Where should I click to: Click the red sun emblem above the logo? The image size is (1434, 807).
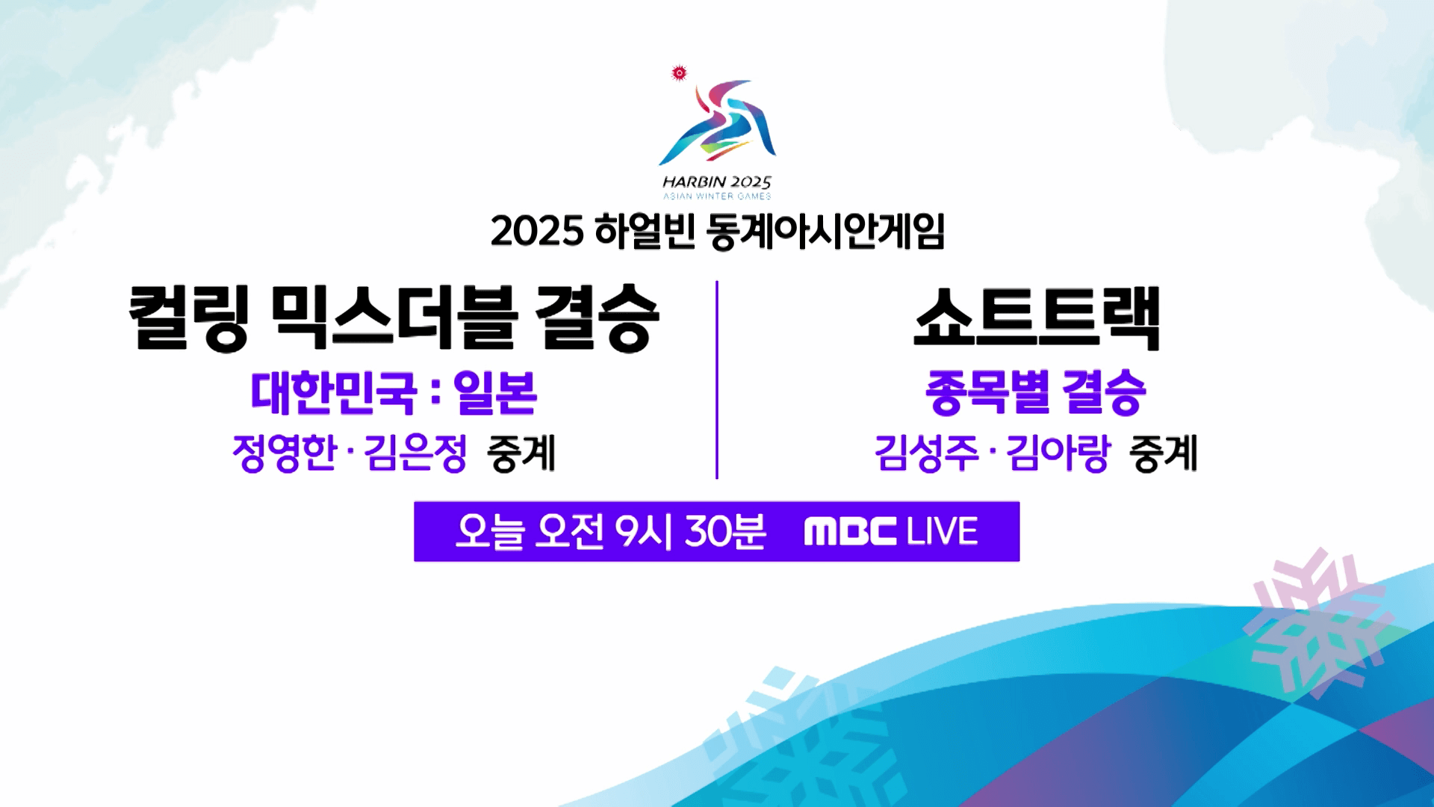679,72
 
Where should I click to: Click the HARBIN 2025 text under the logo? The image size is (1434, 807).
716,182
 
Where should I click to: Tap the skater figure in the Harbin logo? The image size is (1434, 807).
718,123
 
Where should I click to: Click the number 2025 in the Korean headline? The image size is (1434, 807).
536,231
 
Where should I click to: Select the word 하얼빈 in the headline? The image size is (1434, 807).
645,231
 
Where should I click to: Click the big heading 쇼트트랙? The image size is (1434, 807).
1037,318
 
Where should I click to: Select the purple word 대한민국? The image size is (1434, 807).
333,393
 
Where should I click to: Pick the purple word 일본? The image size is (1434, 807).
495,393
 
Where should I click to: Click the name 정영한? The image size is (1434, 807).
285,453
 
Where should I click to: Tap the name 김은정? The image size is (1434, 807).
416,453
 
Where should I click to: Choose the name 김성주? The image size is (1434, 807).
926,453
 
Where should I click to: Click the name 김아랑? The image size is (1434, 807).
1058,453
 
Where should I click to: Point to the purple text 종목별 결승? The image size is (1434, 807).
1035,393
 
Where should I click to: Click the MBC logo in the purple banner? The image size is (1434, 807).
850,532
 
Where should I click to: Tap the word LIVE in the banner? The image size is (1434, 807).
942,532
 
